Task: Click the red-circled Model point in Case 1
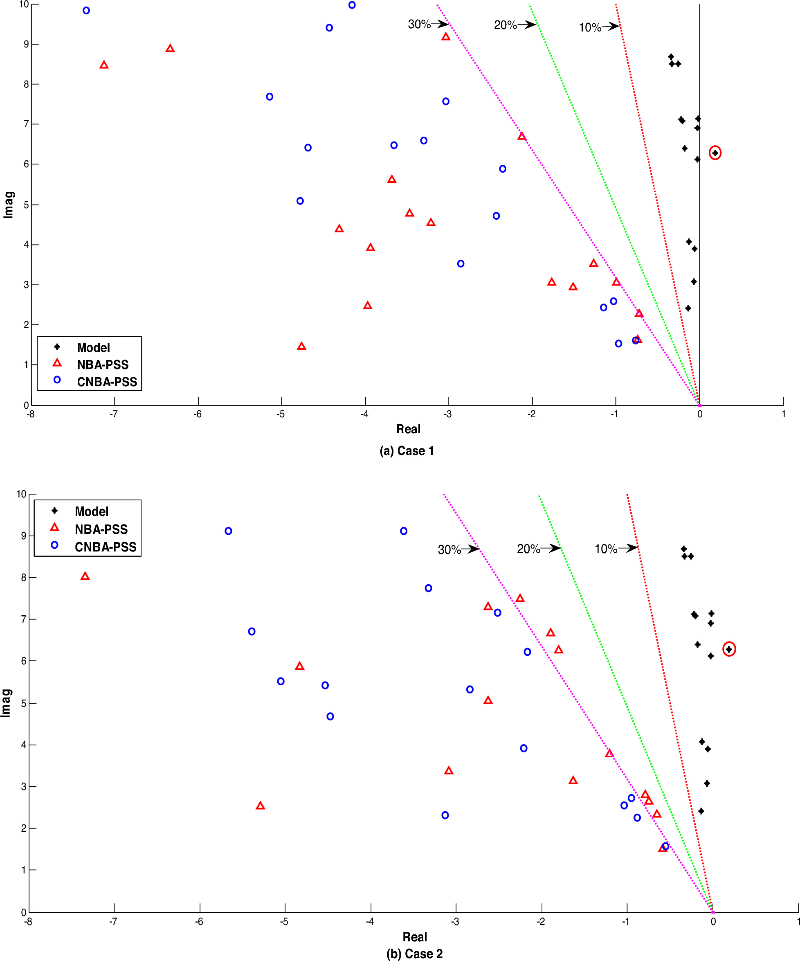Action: (x=715, y=153)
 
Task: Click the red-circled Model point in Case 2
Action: (x=729, y=649)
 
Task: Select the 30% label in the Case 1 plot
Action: (x=419, y=24)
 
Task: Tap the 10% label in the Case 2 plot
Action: (x=606, y=549)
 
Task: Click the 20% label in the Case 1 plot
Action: (x=505, y=25)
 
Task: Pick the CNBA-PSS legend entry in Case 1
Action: (x=107, y=382)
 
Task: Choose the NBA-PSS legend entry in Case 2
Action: (x=101, y=529)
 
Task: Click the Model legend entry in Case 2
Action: (x=92, y=511)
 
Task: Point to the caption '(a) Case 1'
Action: (x=406, y=451)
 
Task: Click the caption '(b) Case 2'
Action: (x=414, y=954)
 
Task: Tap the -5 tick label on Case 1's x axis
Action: (x=281, y=414)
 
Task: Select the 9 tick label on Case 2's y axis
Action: (x=24, y=536)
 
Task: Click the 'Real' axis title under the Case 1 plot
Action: (x=408, y=429)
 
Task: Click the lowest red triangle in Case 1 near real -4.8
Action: (x=301, y=347)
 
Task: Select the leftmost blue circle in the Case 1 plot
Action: (x=86, y=11)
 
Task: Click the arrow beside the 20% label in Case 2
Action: (x=551, y=548)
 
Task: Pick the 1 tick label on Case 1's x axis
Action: (x=783, y=414)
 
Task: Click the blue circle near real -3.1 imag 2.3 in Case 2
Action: (x=445, y=815)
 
